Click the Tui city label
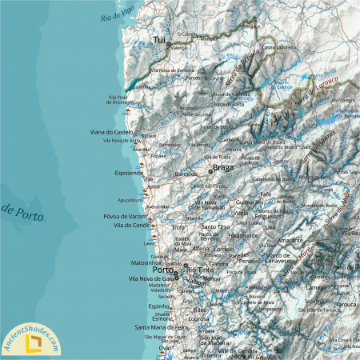pyautogui.click(x=160, y=38)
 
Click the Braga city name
pyautogui.click(x=223, y=169)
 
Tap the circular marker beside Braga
pyautogui.click(x=210, y=171)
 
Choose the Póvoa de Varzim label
pyautogui.click(x=126, y=217)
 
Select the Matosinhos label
pyautogui.click(x=146, y=262)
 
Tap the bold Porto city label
pyautogui.click(x=163, y=270)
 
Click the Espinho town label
pyautogui.click(x=158, y=306)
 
